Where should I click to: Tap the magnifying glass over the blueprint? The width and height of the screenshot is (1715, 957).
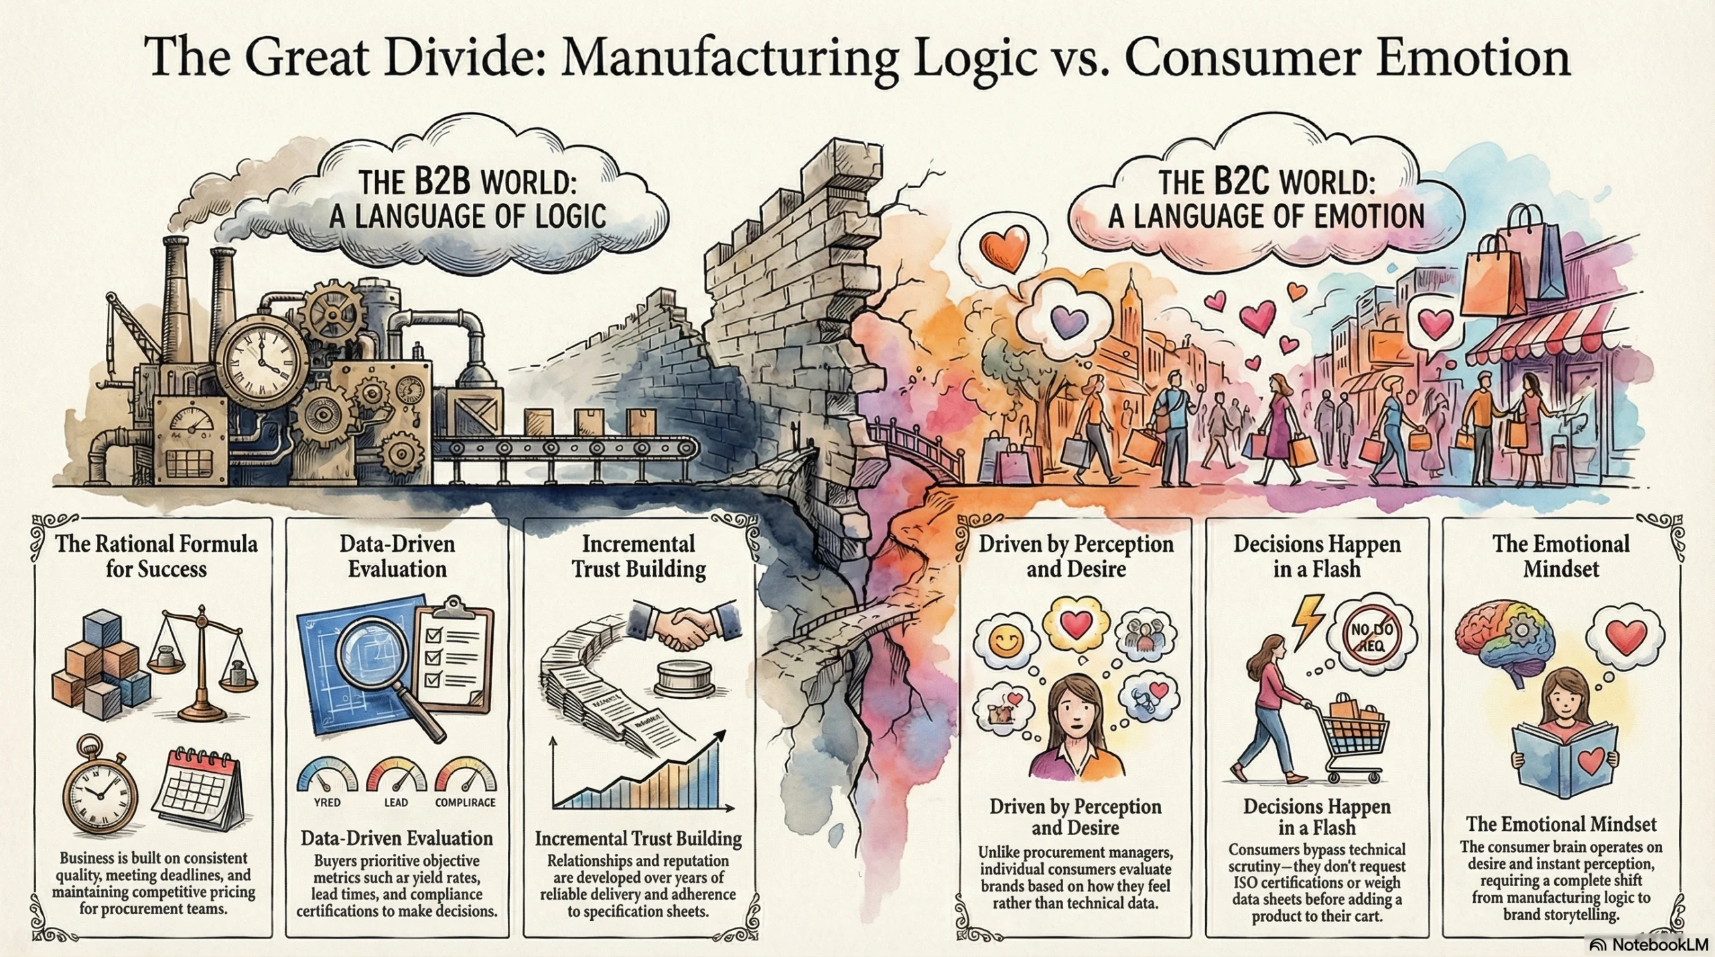click(x=372, y=663)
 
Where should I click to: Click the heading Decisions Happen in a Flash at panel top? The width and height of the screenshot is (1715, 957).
click(x=1317, y=556)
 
